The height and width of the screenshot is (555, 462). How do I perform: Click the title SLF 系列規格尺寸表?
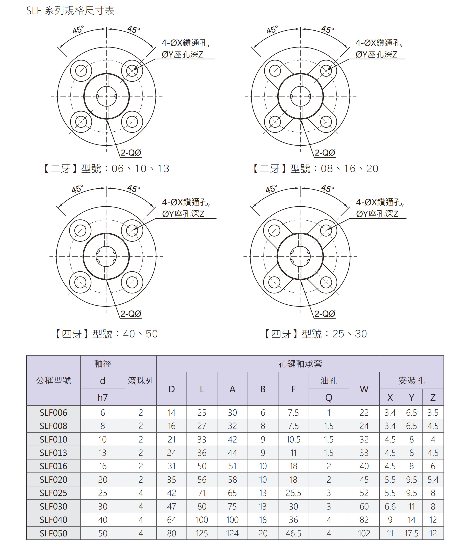click(x=70, y=11)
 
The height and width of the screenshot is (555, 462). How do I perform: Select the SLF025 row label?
click(x=54, y=493)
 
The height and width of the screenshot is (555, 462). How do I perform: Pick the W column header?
click(x=364, y=389)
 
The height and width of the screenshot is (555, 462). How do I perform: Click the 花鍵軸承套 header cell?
click(x=300, y=364)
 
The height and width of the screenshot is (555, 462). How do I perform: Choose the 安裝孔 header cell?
click(x=412, y=381)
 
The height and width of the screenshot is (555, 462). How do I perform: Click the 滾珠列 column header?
click(x=141, y=381)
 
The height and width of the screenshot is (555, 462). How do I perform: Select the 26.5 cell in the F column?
click(x=293, y=493)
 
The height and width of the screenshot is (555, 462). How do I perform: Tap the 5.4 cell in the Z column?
click(x=433, y=479)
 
